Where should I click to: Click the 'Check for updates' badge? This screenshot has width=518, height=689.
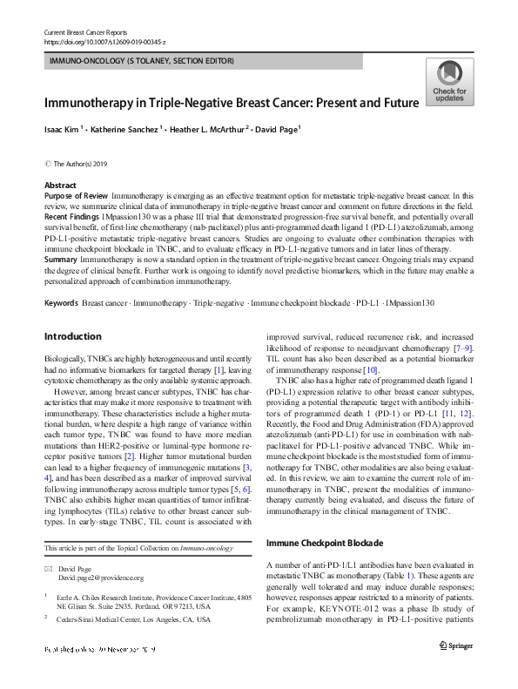pos(448,82)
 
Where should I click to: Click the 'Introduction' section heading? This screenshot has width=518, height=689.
pos(72,336)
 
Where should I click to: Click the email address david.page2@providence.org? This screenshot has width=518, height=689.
pos(101,578)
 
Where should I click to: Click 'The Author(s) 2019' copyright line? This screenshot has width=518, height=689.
pos(84,163)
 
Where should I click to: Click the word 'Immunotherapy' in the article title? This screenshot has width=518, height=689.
pos(98,102)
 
